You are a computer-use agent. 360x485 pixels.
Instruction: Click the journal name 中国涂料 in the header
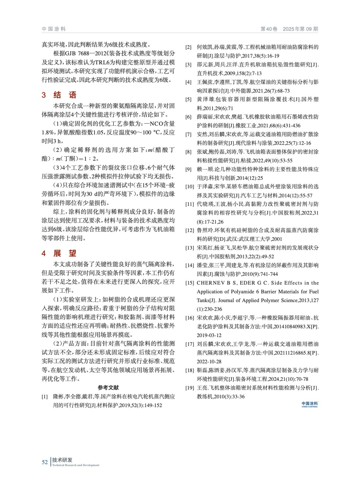[54, 29]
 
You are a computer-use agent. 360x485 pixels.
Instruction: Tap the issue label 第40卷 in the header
[269, 29]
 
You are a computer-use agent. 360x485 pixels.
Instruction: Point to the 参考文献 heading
[108, 387]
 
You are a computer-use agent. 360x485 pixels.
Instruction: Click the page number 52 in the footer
[45, 462]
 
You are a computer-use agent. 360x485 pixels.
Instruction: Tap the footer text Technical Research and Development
[76, 465]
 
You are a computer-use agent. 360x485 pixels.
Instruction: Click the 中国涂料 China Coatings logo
[310, 404]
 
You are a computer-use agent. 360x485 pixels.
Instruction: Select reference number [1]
[45, 396]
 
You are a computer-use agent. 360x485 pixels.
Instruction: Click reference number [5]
[188, 99]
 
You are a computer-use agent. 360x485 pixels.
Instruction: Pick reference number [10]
[190, 187]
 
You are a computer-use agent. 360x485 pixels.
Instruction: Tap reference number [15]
[190, 283]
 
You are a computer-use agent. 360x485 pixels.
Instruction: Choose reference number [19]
[190, 388]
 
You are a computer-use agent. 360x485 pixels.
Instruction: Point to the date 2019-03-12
[209, 335]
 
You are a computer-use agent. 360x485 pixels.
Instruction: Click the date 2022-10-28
[209, 362]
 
